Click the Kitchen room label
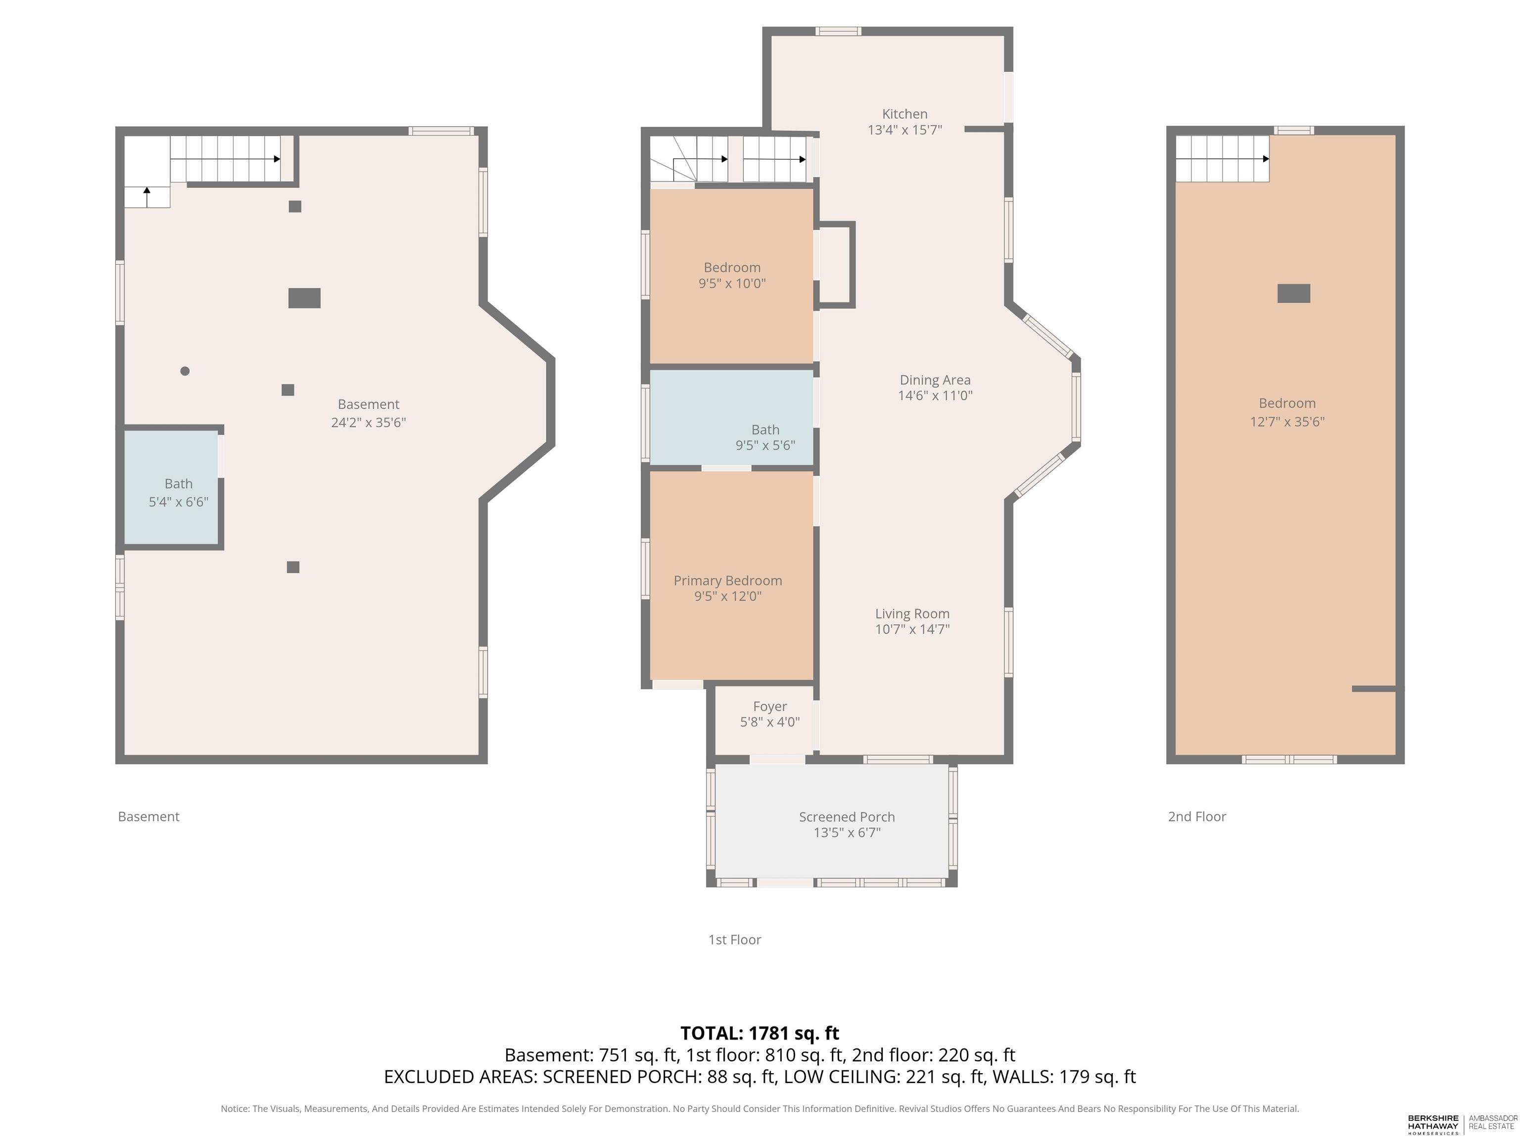904,114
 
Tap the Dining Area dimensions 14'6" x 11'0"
935,396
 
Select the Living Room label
912,614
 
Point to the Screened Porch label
847,817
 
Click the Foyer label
769,707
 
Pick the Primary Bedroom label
728,581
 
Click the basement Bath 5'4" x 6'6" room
171,487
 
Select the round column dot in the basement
185,371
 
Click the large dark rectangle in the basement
304,298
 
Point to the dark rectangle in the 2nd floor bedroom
1294,293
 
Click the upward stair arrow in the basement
147,196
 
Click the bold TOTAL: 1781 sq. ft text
760,1034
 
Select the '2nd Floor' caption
1197,816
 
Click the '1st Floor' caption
735,939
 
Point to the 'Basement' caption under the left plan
148,816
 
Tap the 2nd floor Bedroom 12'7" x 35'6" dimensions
1287,422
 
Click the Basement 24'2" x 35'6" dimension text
368,423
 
